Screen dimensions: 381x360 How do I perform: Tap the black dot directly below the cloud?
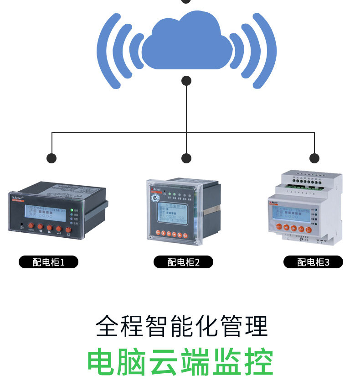186,81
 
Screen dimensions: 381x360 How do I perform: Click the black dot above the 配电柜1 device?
51,158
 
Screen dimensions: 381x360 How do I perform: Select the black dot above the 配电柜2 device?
186,158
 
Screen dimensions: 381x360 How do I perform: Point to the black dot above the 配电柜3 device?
314,158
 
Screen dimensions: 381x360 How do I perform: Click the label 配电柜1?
48,262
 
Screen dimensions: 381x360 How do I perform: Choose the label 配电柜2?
183,262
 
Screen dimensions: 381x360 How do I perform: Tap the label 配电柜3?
313,262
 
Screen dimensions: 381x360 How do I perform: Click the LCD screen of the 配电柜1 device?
45,213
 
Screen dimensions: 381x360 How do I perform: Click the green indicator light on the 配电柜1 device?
72,209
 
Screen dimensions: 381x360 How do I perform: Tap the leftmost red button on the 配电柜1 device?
31,225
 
